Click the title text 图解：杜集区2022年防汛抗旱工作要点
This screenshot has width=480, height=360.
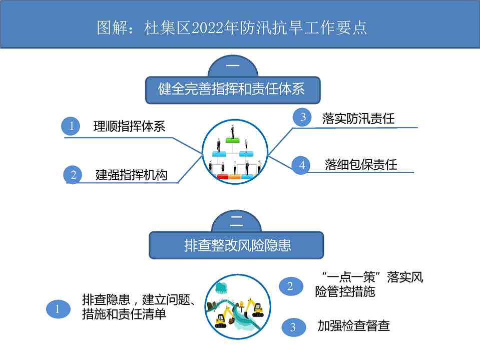(232, 28)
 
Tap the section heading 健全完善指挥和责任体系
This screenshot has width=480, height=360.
(231, 89)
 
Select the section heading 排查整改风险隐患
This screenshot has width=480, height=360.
(238, 245)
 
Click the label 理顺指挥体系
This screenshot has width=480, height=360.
(129, 126)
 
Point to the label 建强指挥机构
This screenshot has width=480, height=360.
(131, 175)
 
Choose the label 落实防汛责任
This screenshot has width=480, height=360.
(358, 119)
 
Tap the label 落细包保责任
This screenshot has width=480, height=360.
(361, 165)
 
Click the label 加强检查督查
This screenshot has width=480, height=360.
(353, 326)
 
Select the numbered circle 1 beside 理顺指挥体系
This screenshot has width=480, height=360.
(71, 126)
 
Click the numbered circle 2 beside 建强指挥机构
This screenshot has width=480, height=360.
(73, 175)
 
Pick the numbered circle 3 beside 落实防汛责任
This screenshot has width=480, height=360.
(302, 117)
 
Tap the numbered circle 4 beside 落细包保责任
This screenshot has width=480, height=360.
(301, 165)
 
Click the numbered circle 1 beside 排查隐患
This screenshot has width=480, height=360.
(58, 309)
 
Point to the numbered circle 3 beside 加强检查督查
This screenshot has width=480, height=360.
(294, 327)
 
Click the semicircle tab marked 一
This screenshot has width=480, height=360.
(233, 66)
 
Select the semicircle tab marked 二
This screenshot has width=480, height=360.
(236, 221)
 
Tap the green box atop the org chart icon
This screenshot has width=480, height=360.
(232, 140)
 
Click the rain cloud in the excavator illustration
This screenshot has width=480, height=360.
(221, 288)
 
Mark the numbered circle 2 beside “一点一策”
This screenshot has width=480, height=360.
(291, 286)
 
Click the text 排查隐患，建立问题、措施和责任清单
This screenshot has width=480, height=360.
(138, 307)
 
